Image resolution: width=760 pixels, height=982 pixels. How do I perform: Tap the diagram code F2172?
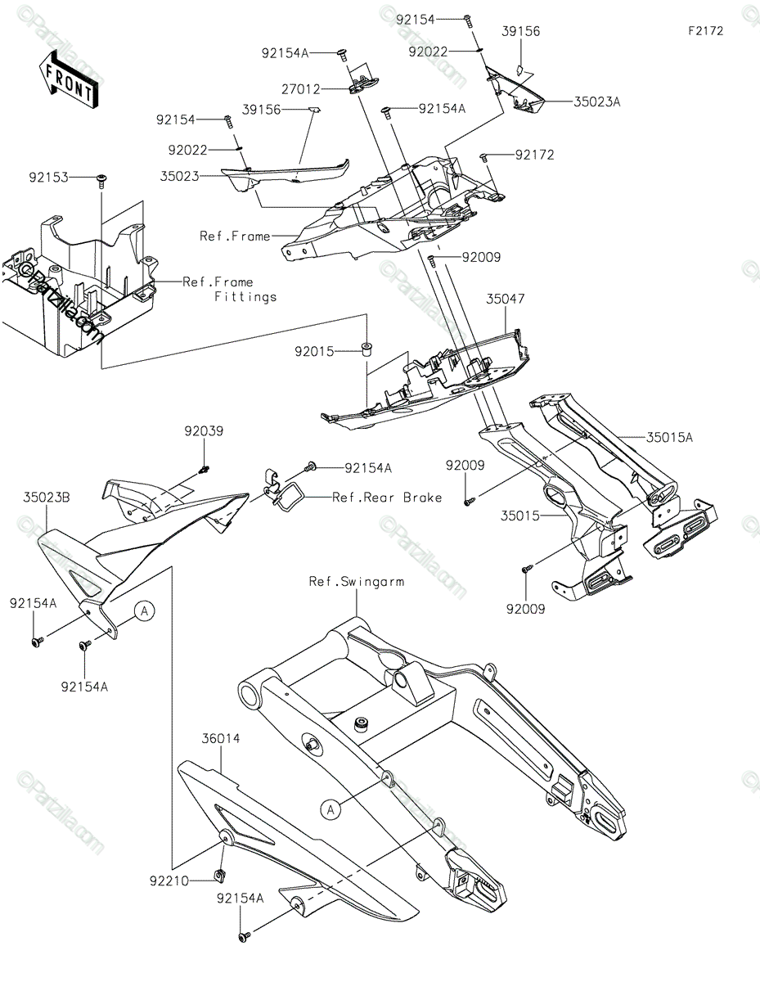coord(705,31)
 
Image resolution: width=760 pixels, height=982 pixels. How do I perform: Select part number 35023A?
coord(596,102)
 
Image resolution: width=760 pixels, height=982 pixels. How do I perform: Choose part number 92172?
coord(534,155)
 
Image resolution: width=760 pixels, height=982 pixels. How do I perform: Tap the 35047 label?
coord(506,300)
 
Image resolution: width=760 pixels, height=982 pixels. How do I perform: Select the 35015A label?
coord(669,438)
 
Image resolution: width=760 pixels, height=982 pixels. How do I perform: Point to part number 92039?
coord(204,431)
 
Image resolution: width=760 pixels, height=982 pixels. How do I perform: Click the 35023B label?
coord(47,497)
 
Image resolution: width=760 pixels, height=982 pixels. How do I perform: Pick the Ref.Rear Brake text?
coord(387,497)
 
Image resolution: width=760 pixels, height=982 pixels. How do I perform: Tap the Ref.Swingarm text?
coord(356,582)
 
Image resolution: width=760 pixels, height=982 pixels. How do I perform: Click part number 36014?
coord(221,738)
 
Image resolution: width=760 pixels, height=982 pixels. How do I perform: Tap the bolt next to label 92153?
coord(101,179)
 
